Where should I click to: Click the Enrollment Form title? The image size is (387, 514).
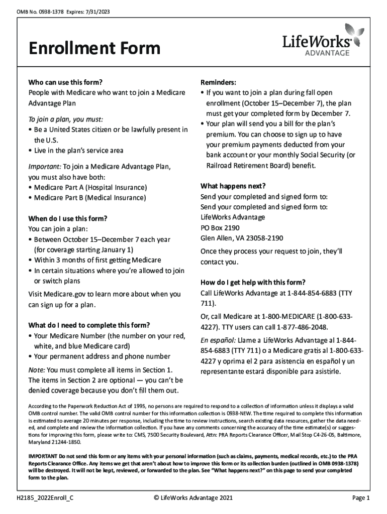[x=94, y=49]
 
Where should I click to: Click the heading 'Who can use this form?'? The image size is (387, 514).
[x=66, y=82]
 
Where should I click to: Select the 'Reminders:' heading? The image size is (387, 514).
[x=219, y=82]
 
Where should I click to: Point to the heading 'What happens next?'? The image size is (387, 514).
[x=233, y=185]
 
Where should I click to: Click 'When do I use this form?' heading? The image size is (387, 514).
[x=68, y=218]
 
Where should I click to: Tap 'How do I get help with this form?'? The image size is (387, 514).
[x=253, y=282]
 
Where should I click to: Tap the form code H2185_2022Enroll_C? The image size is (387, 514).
[x=47, y=498]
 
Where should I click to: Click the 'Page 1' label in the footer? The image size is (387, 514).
[x=360, y=498]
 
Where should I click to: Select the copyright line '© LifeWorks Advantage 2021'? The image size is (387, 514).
[x=193, y=498]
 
